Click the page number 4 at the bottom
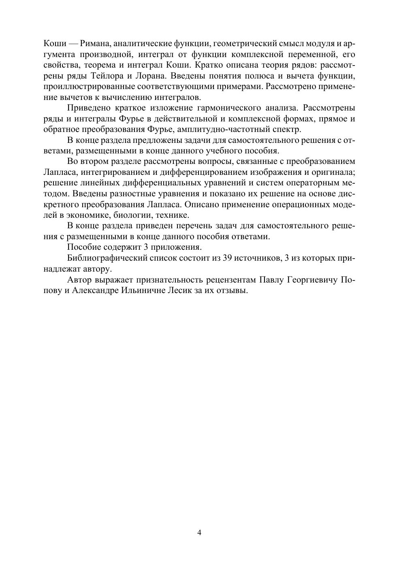click(199, 532)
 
